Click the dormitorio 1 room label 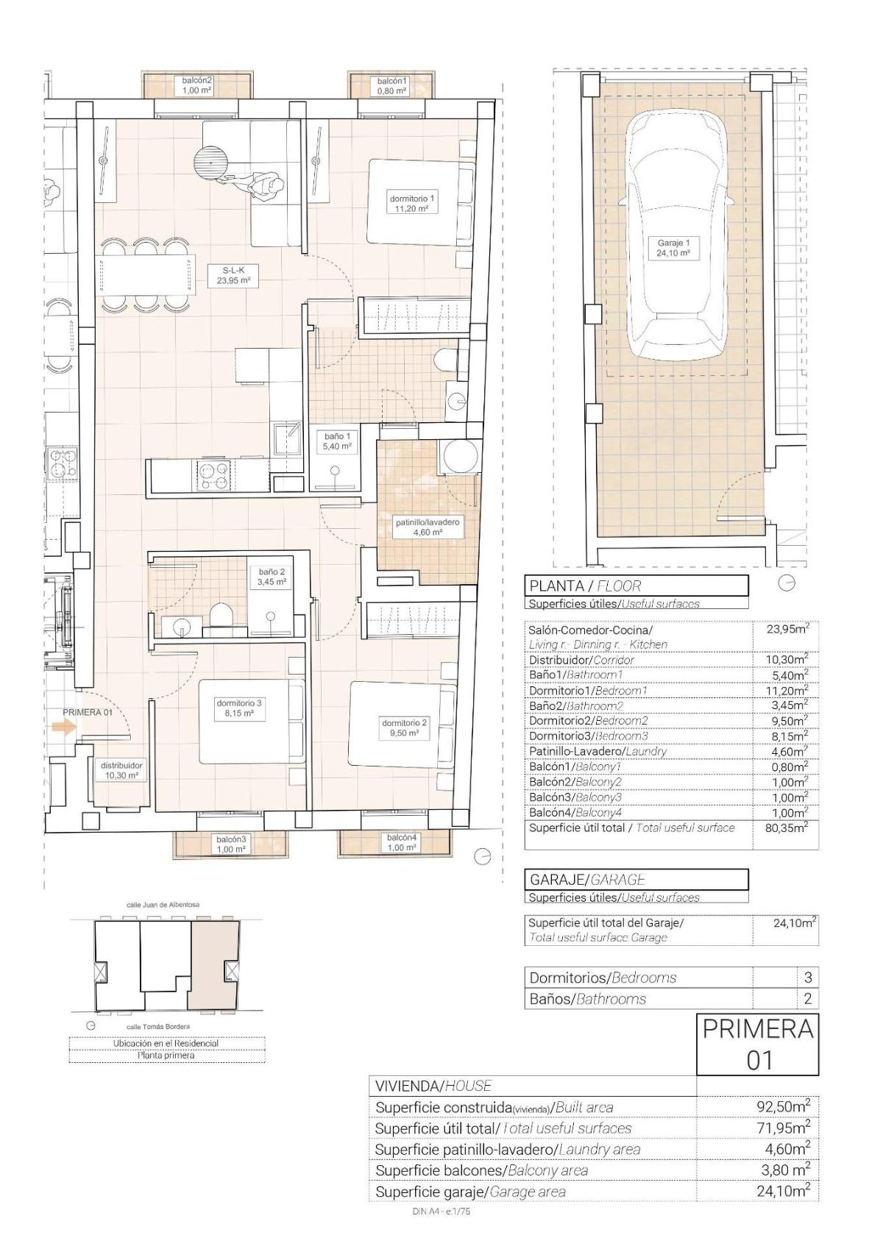point(412,203)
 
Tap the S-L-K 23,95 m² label point(233,274)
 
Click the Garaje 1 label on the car point(673,247)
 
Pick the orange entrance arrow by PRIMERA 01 point(63,727)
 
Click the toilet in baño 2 point(220,616)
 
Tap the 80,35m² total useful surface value point(786,827)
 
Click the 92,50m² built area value point(784,1106)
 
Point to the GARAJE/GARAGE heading point(587,879)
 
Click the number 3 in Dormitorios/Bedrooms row point(808,978)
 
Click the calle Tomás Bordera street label point(158,1026)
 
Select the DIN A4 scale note point(441,1212)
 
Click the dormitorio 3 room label point(239,708)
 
